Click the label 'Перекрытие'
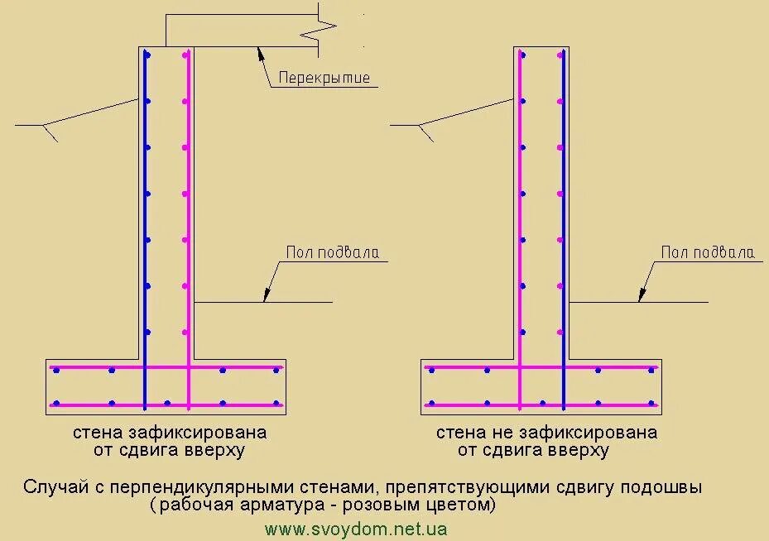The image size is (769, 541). tap(324, 79)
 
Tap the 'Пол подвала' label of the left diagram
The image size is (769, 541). tap(333, 252)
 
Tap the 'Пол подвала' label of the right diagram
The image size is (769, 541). tap(708, 252)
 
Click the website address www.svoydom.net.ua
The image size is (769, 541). tap(356, 528)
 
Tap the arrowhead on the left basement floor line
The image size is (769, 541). tap(267, 294)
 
